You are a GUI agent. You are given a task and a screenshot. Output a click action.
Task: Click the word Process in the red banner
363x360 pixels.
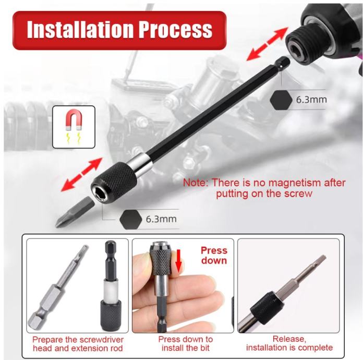176,30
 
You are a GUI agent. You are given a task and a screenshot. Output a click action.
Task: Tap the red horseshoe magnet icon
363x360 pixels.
74,119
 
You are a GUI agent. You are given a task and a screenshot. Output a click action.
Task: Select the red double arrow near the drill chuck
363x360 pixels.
267,44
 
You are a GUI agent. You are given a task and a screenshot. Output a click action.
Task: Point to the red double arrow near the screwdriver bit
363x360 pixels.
81,175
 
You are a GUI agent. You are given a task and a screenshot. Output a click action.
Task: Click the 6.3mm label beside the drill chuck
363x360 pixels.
311,100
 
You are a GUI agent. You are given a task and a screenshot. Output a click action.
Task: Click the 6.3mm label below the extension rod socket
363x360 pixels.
161,219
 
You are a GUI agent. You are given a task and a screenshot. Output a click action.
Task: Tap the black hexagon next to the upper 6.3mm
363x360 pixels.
281,100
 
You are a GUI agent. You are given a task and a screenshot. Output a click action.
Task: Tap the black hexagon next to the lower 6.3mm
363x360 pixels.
131,219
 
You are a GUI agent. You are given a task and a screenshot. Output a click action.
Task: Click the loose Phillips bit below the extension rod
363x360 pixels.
75,212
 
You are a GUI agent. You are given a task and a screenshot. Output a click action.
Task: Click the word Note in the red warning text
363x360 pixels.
196,183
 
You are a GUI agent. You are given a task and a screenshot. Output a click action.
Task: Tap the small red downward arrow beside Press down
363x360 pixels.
178,260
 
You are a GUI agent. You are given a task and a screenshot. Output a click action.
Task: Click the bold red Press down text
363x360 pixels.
214,255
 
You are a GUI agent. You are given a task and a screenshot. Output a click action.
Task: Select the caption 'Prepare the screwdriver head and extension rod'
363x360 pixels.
78,344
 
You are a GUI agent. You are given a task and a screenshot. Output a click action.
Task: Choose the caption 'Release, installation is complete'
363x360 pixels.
289,343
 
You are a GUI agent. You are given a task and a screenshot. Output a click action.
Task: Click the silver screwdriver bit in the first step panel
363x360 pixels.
58,287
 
